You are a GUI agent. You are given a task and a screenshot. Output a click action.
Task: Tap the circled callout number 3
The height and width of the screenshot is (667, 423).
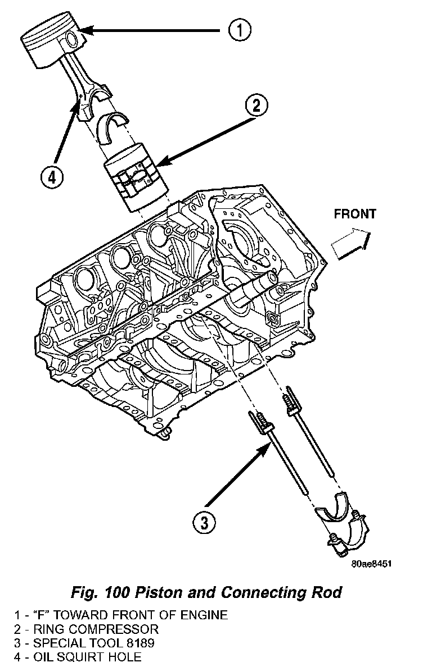pyautogui.click(x=204, y=523)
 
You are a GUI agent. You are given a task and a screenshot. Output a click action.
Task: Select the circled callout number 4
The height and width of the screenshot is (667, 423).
pyautogui.click(x=52, y=177)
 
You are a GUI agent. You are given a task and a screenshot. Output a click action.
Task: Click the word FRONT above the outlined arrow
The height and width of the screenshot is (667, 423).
pyautogui.click(x=355, y=214)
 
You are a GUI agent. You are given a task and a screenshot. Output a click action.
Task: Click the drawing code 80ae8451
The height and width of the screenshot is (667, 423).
pyautogui.click(x=371, y=562)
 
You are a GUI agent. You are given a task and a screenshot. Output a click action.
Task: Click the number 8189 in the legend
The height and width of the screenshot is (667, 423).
pyautogui.click(x=142, y=642)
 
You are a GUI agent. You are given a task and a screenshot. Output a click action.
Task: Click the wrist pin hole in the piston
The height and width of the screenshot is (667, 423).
pyautogui.click(x=71, y=39)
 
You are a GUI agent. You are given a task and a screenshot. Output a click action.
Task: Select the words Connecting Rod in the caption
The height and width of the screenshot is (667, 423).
pyautogui.click(x=281, y=592)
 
